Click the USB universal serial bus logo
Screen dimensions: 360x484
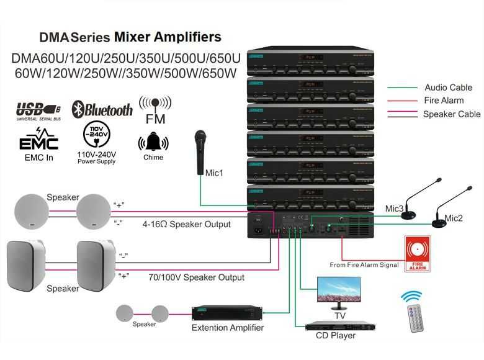tap(38, 110)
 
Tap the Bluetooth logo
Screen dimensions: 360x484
tap(102, 110)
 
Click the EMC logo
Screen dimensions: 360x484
tap(38, 140)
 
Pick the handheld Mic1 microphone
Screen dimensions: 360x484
tap(200, 152)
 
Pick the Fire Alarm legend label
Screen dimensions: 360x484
tap(444, 101)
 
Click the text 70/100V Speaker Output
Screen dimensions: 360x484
tap(196, 277)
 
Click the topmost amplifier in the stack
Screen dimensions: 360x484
tap(310, 62)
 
